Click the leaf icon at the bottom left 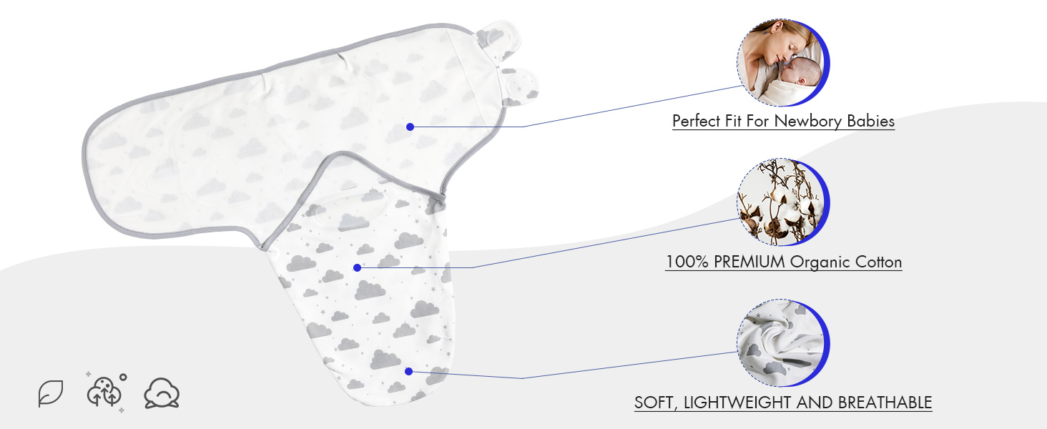click(x=51, y=393)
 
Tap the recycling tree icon click(x=104, y=391)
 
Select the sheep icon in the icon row click(x=162, y=393)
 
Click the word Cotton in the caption click(x=880, y=262)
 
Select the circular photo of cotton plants click(x=782, y=203)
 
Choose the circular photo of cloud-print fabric click(x=782, y=344)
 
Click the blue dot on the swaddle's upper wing click(x=410, y=127)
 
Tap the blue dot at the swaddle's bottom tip click(x=408, y=371)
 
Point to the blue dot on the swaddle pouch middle click(x=357, y=267)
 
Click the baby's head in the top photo click(x=790, y=73)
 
